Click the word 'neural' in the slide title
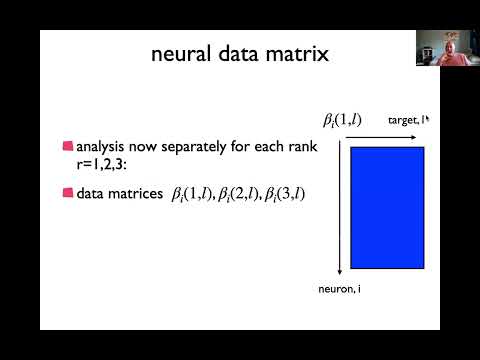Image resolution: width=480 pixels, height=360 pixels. (x=179, y=55)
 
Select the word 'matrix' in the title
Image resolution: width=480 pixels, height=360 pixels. (x=299, y=55)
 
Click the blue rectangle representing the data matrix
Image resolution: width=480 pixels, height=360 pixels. (x=388, y=207)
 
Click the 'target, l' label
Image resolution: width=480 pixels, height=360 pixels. (x=407, y=120)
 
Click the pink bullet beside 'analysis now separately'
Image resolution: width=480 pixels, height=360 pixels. (x=67, y=147)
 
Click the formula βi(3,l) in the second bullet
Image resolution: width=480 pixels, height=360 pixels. (x=285, y=191)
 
